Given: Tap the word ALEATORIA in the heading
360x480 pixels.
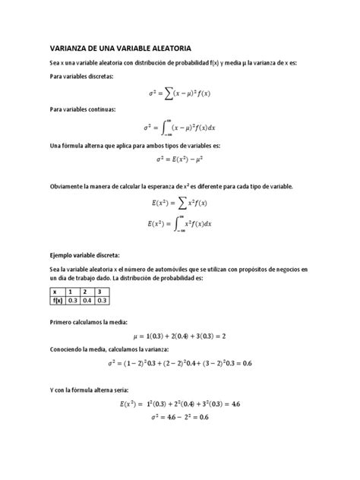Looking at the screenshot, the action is [168, 46].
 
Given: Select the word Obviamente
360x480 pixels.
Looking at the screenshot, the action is [69, 186].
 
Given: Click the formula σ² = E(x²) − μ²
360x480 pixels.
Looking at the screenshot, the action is [179, 159].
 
